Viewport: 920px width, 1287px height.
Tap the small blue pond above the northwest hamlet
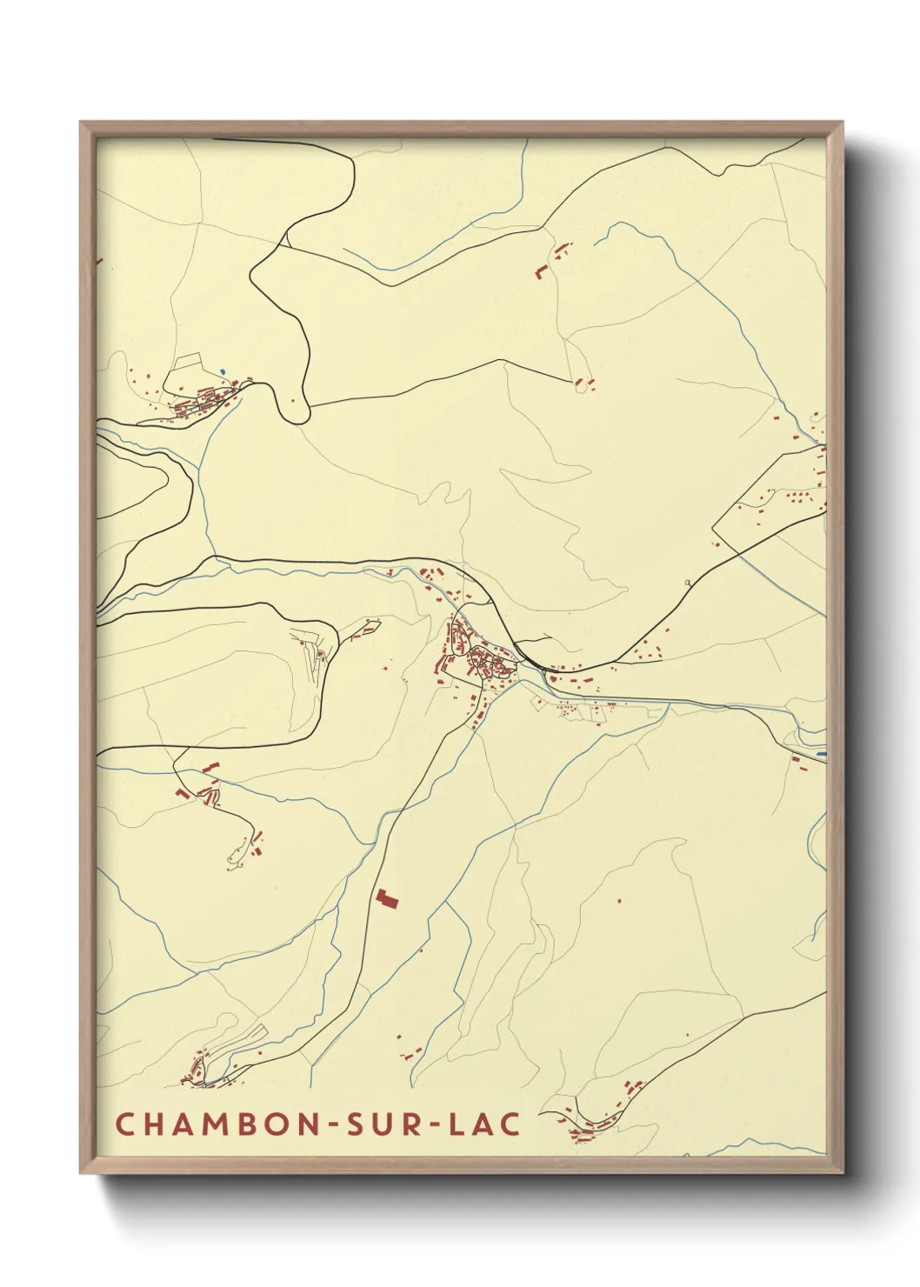point(223,372)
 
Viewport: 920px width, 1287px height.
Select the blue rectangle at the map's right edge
point(821,753)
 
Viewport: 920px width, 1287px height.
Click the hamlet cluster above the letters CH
point(202,1070)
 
